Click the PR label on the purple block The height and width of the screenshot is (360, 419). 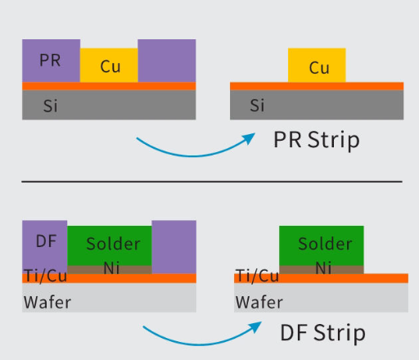coord(50,60)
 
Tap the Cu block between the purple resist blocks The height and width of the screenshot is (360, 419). coord(109,65)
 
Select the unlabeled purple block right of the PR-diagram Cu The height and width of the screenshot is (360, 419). coord(167,61)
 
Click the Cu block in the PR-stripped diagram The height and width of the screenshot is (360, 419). coord(317,65)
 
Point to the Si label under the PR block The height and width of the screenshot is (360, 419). coord(51,106)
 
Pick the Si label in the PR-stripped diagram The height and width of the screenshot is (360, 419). coord(257,105)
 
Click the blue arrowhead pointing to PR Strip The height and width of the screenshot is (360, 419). coord(250,138)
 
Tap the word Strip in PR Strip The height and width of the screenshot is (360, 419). coord(334,140)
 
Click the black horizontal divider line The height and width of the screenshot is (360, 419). coord(212,181)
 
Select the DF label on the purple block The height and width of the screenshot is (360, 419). coord(46,241)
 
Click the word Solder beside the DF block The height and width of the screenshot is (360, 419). coord(113,244)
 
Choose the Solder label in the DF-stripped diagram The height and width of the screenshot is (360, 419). coord(325,244)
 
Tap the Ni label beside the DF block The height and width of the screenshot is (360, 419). coord(111,268)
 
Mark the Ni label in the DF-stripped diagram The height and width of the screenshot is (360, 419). coord(323,268)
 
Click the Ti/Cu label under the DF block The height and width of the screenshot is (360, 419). coord(46,276)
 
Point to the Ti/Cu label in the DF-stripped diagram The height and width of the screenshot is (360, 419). coord(257,276)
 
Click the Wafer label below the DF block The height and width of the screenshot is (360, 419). coord(47,302)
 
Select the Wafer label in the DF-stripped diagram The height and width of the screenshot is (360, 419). coord(259,302)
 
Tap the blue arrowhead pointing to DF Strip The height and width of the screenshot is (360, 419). coord(255,327)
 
